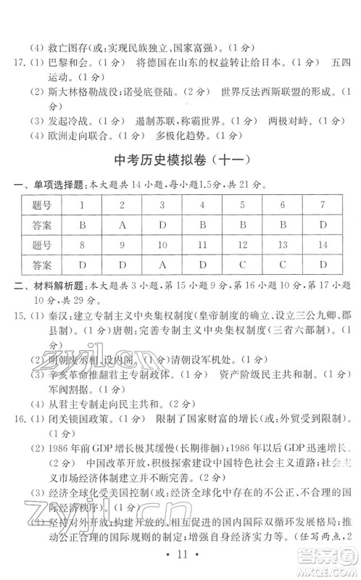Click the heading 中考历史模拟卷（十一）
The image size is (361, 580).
click(181, 160)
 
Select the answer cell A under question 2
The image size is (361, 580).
click(123, 225)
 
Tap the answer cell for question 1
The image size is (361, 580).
click(83, 225)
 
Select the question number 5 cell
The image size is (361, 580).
click(242, 206)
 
